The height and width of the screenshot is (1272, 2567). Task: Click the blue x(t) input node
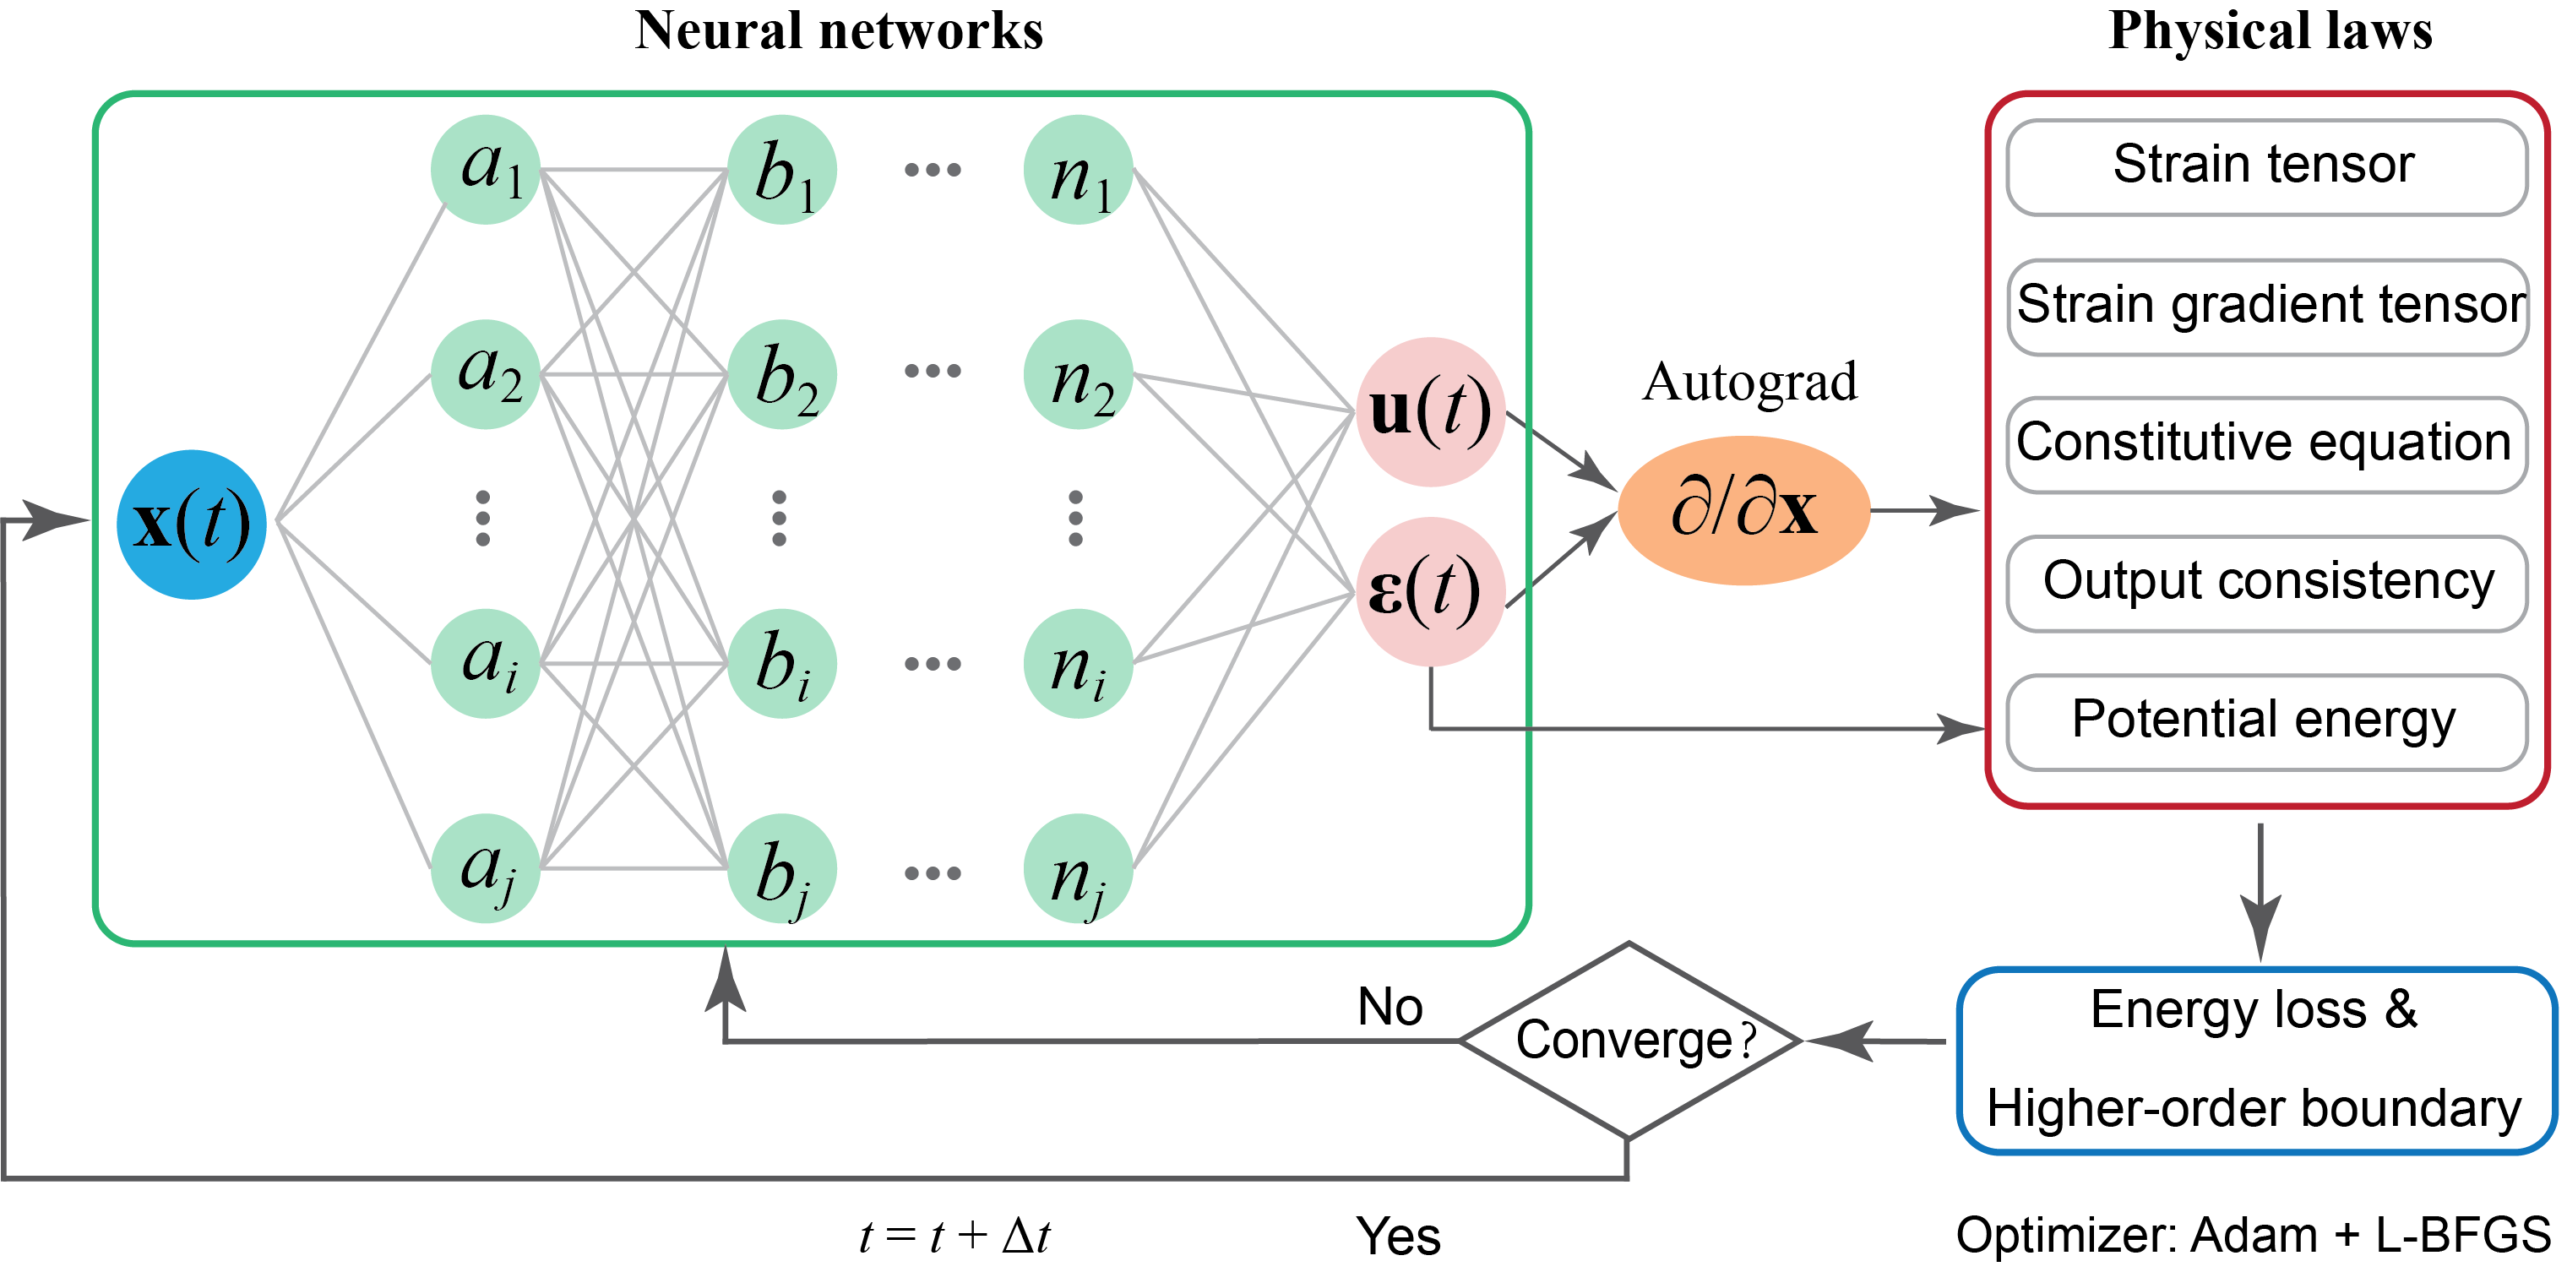pyautogui.click(x=192, y=524)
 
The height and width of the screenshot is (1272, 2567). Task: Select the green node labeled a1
pyautogui.click(x=487, y=169)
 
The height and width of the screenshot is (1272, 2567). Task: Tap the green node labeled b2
pyautogui.click(x=782, y=374)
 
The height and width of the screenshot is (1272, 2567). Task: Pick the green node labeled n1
pyautogui.click(x=1078, y=169)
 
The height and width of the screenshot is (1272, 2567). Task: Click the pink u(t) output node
pyautogui.click(x=1430, y=411)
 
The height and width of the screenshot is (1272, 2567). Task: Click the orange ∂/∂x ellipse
pyautogui.click(x=1744, y=510)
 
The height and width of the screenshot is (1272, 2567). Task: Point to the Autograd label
pyautogui.click(x=1750, y=382)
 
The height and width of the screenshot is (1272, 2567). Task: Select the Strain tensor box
pyautogui.click(x=2266, y=166)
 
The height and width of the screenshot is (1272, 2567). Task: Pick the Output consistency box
pyautogui.click(x=2266, y=583)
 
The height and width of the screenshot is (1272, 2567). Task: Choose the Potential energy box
pyautogui.click(x=2266, y=721)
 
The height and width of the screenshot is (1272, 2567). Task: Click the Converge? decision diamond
pyautogui.click(x=1629, y=1041)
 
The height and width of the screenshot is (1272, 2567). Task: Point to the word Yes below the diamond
pyautogui.click(x=1398, y=1237)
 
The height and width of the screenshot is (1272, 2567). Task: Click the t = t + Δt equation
pyautogui.click(x=954, y=1237)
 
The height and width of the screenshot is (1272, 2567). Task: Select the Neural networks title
pyautogui.click(x=839, y=30)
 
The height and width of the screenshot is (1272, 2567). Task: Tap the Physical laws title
pyautogui.click(x=2270, y=30)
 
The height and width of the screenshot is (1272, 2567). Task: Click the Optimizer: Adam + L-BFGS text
pyautogui.click(x=2252, y=1235)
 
